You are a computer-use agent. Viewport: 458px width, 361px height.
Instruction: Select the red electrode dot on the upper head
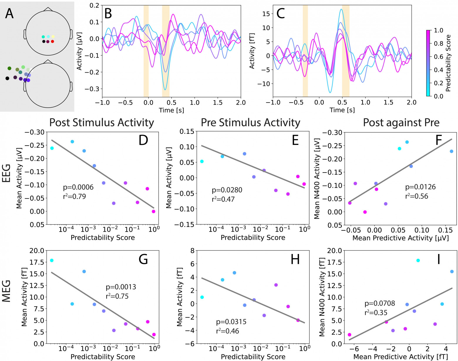53,41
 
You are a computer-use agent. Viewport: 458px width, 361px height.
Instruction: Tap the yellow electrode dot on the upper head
53,36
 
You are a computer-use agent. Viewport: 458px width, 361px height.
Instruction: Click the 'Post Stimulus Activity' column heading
102,122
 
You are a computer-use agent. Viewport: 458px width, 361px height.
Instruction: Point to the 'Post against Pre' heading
401,122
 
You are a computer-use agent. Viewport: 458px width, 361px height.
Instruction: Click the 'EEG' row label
6,173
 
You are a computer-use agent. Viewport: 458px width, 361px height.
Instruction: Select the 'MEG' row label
6,291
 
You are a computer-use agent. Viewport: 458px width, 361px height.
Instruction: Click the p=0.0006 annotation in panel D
78,187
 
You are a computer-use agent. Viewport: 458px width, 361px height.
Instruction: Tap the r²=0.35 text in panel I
376,312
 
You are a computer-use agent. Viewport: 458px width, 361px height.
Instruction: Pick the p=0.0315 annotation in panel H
231,322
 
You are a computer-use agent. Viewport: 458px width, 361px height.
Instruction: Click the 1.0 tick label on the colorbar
438,30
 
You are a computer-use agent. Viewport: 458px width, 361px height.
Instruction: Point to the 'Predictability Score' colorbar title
448,63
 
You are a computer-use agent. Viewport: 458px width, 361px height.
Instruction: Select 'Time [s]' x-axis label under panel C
342,110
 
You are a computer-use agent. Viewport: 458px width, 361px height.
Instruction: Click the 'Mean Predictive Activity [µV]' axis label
400,238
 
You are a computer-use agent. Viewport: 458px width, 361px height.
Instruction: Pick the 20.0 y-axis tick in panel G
37,250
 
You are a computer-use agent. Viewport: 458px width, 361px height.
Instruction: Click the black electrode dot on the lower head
7,78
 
